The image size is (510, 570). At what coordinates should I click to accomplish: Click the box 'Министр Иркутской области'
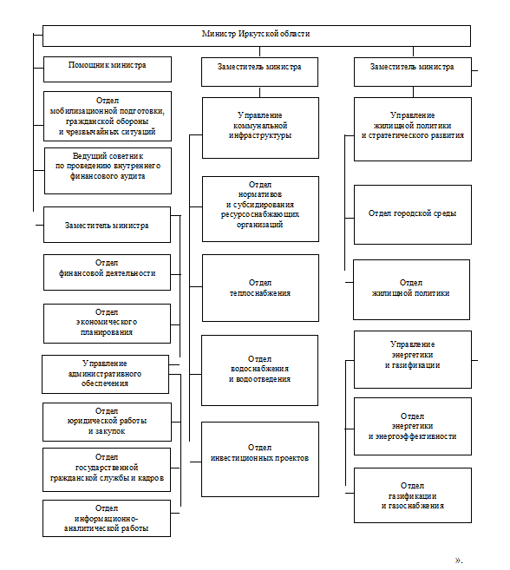pyautogui.click(x=257, y=36)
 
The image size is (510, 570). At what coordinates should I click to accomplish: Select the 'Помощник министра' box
pyautogui.click(x=108, y=69)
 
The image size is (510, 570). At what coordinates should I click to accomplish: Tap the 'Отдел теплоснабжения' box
pyautogui.click(x=260, y=288)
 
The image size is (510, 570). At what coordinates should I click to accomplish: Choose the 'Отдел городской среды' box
pyautogui.click(x=413, y=214)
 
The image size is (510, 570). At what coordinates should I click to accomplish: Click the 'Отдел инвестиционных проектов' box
pyautogui.click(x=260, y=460)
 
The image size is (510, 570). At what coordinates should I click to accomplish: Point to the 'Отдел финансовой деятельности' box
pyautogui.click(x=107, y=272)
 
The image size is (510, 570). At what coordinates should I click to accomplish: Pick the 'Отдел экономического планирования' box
pyautogui.click(x=107, y=324)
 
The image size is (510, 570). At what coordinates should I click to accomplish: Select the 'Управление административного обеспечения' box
pyautogui.click(x=106, y=375)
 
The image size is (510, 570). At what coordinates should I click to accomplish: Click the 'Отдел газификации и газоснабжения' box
pyautogui.click(x=413, y=495)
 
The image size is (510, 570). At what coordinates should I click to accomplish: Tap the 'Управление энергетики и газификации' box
pyautogui.click(x=413, y=359)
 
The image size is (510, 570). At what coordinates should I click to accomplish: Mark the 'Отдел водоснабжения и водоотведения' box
pyautogui.click(x=259, y=370)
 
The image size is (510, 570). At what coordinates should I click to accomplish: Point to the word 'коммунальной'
pyautogui.click(x=260, y=126)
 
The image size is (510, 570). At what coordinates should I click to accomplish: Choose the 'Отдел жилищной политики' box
pyautogui.click(x=411, y=290)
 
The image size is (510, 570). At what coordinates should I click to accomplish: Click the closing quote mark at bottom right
pyautogui.click(x=458, y=560)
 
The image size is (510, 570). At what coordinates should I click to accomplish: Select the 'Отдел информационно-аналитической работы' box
pyautogui.click(x=107, y=519)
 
